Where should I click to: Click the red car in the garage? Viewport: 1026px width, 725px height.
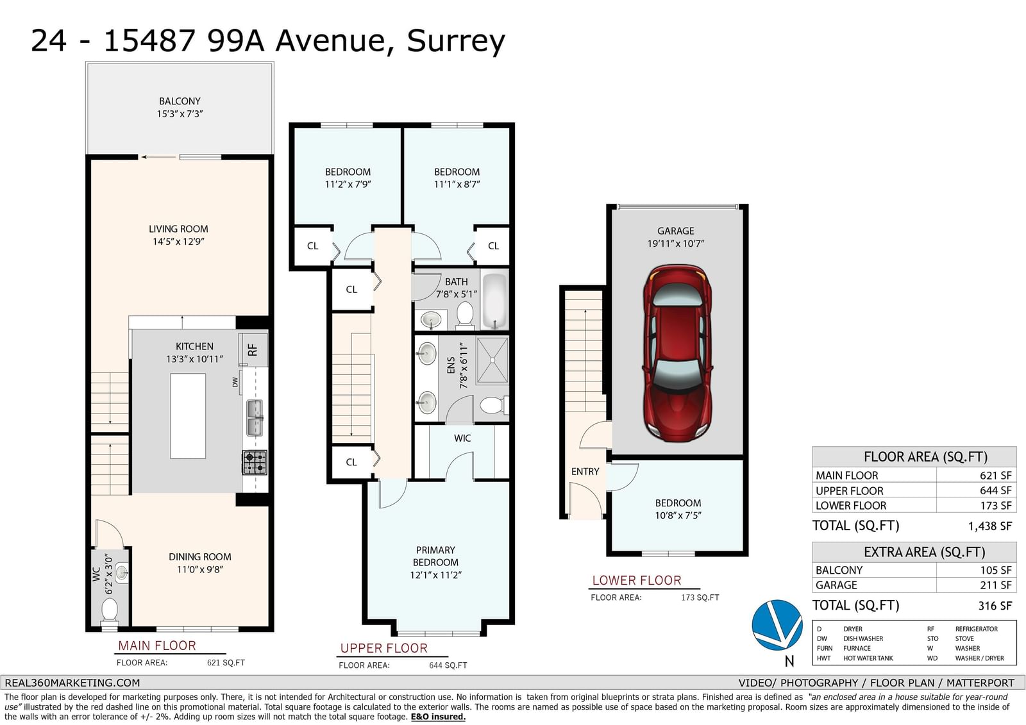677,353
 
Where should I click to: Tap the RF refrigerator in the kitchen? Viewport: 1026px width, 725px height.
253,350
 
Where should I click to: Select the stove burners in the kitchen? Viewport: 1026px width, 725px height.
255,463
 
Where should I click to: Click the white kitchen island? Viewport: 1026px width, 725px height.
188,416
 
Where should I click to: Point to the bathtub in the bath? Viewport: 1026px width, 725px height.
495,300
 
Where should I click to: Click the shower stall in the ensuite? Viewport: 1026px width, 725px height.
492,360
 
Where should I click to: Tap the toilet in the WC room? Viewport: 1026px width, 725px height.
110,612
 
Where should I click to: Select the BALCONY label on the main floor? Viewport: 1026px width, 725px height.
180,101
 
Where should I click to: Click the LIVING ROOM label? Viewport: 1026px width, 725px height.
178,229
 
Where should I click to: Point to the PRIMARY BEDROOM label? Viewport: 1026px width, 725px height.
435,556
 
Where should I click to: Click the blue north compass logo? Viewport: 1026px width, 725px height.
777,625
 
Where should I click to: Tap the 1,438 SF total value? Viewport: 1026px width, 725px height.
990,526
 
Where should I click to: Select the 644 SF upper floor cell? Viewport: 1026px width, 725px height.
995,490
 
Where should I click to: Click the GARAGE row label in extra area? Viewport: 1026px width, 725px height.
836,585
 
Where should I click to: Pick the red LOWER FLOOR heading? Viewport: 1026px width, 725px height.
637,580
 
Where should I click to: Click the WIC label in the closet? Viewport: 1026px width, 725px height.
462,438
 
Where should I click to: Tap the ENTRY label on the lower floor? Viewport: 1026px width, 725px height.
585,471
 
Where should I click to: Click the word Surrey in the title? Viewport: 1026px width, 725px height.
456,41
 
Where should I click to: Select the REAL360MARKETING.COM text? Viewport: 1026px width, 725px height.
72,683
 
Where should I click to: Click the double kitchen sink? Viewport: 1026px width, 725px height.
255,418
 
